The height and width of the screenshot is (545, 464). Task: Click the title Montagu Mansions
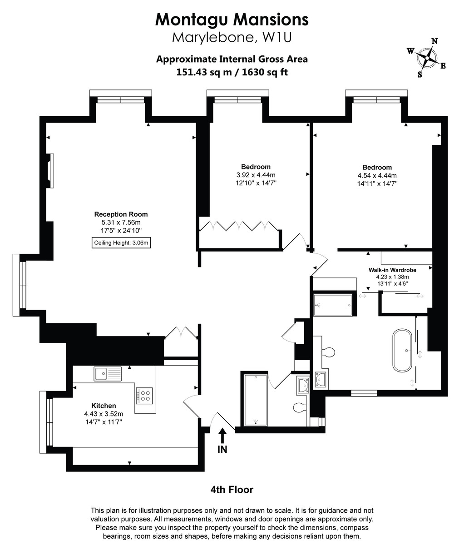232,19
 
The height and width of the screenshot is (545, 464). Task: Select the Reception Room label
121,214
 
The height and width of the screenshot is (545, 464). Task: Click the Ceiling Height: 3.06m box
121,243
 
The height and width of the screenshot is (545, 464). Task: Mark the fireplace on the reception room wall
51,171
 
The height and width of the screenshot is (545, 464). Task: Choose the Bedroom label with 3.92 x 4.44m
256,175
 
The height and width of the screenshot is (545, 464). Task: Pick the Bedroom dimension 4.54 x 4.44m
377,175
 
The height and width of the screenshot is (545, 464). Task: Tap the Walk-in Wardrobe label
392,270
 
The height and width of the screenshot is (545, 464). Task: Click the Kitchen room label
104,406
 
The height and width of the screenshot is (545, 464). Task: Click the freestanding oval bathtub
403,351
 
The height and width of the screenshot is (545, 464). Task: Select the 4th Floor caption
232,490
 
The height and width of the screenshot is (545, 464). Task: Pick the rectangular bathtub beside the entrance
256,399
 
